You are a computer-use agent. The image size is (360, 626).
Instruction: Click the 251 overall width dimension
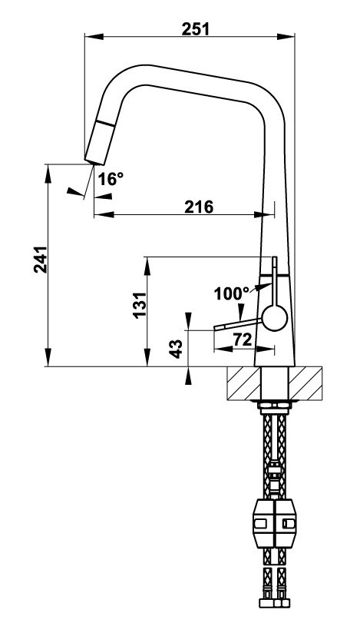tap(195, 28)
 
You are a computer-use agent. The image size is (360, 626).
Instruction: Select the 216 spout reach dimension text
tap(198, 206)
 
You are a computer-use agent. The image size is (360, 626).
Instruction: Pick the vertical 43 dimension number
tap(176, 348)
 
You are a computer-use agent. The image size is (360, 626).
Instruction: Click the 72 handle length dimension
tap(243, 339)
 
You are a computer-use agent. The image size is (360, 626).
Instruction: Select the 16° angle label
tap(111, 179)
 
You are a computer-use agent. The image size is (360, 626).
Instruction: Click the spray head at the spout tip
tap(100, 142)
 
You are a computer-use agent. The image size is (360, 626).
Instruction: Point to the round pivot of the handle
tap(274, 316)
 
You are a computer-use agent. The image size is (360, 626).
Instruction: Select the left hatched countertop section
tap(244, 383)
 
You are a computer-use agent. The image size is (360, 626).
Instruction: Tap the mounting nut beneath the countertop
tap(275, 404)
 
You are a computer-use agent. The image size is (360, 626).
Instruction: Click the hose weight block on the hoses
tap(275, 524)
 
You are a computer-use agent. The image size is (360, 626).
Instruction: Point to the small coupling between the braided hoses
tap(274, 472)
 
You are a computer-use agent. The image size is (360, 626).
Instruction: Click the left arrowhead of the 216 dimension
tap(98, 215)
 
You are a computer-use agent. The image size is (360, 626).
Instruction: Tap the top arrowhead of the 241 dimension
tap(48, 169)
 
